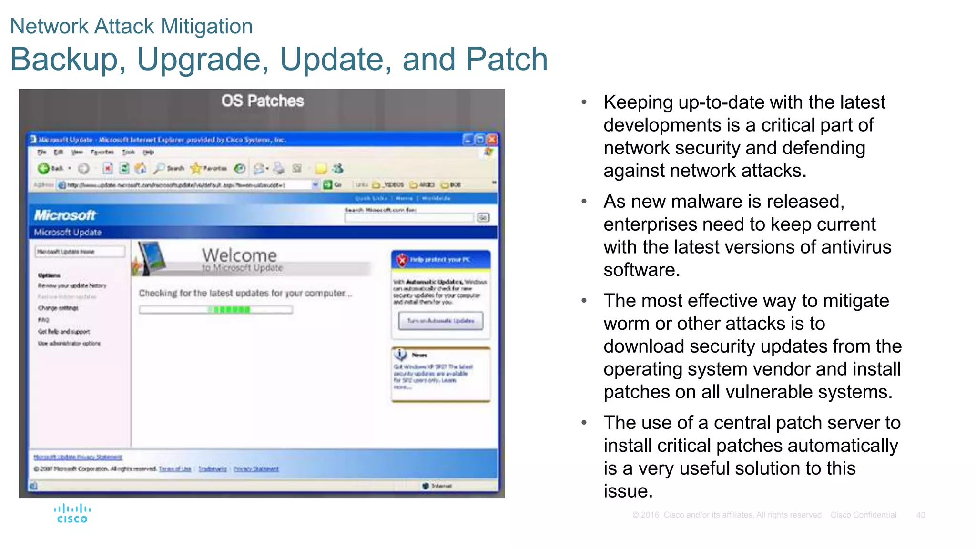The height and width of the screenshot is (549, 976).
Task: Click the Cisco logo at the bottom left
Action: pos(72,513)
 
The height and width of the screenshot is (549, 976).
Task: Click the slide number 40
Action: pos(920,515)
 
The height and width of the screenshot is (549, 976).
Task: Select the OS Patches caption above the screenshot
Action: pos(262,101)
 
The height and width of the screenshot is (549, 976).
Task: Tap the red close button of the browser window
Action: pos(492,140)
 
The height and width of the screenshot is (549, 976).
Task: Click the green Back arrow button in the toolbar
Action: pos(44,168)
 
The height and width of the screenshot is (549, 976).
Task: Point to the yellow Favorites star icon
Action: pos(196,168)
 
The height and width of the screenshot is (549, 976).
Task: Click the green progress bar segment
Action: pos(232,310)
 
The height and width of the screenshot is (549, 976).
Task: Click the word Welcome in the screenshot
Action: pos(239,255)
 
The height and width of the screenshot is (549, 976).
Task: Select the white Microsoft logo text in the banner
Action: pos(65,215)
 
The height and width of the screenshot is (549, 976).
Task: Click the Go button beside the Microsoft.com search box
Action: pos(483,218)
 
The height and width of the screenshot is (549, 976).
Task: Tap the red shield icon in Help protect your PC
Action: pos(402,260)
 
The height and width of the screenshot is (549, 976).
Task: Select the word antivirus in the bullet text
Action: pos(856,247)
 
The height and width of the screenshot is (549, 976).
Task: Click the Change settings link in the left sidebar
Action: pos(58,308)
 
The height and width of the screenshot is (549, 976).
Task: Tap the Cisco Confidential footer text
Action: pos(863,515)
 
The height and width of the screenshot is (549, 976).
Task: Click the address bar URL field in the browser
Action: pos(186,185)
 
